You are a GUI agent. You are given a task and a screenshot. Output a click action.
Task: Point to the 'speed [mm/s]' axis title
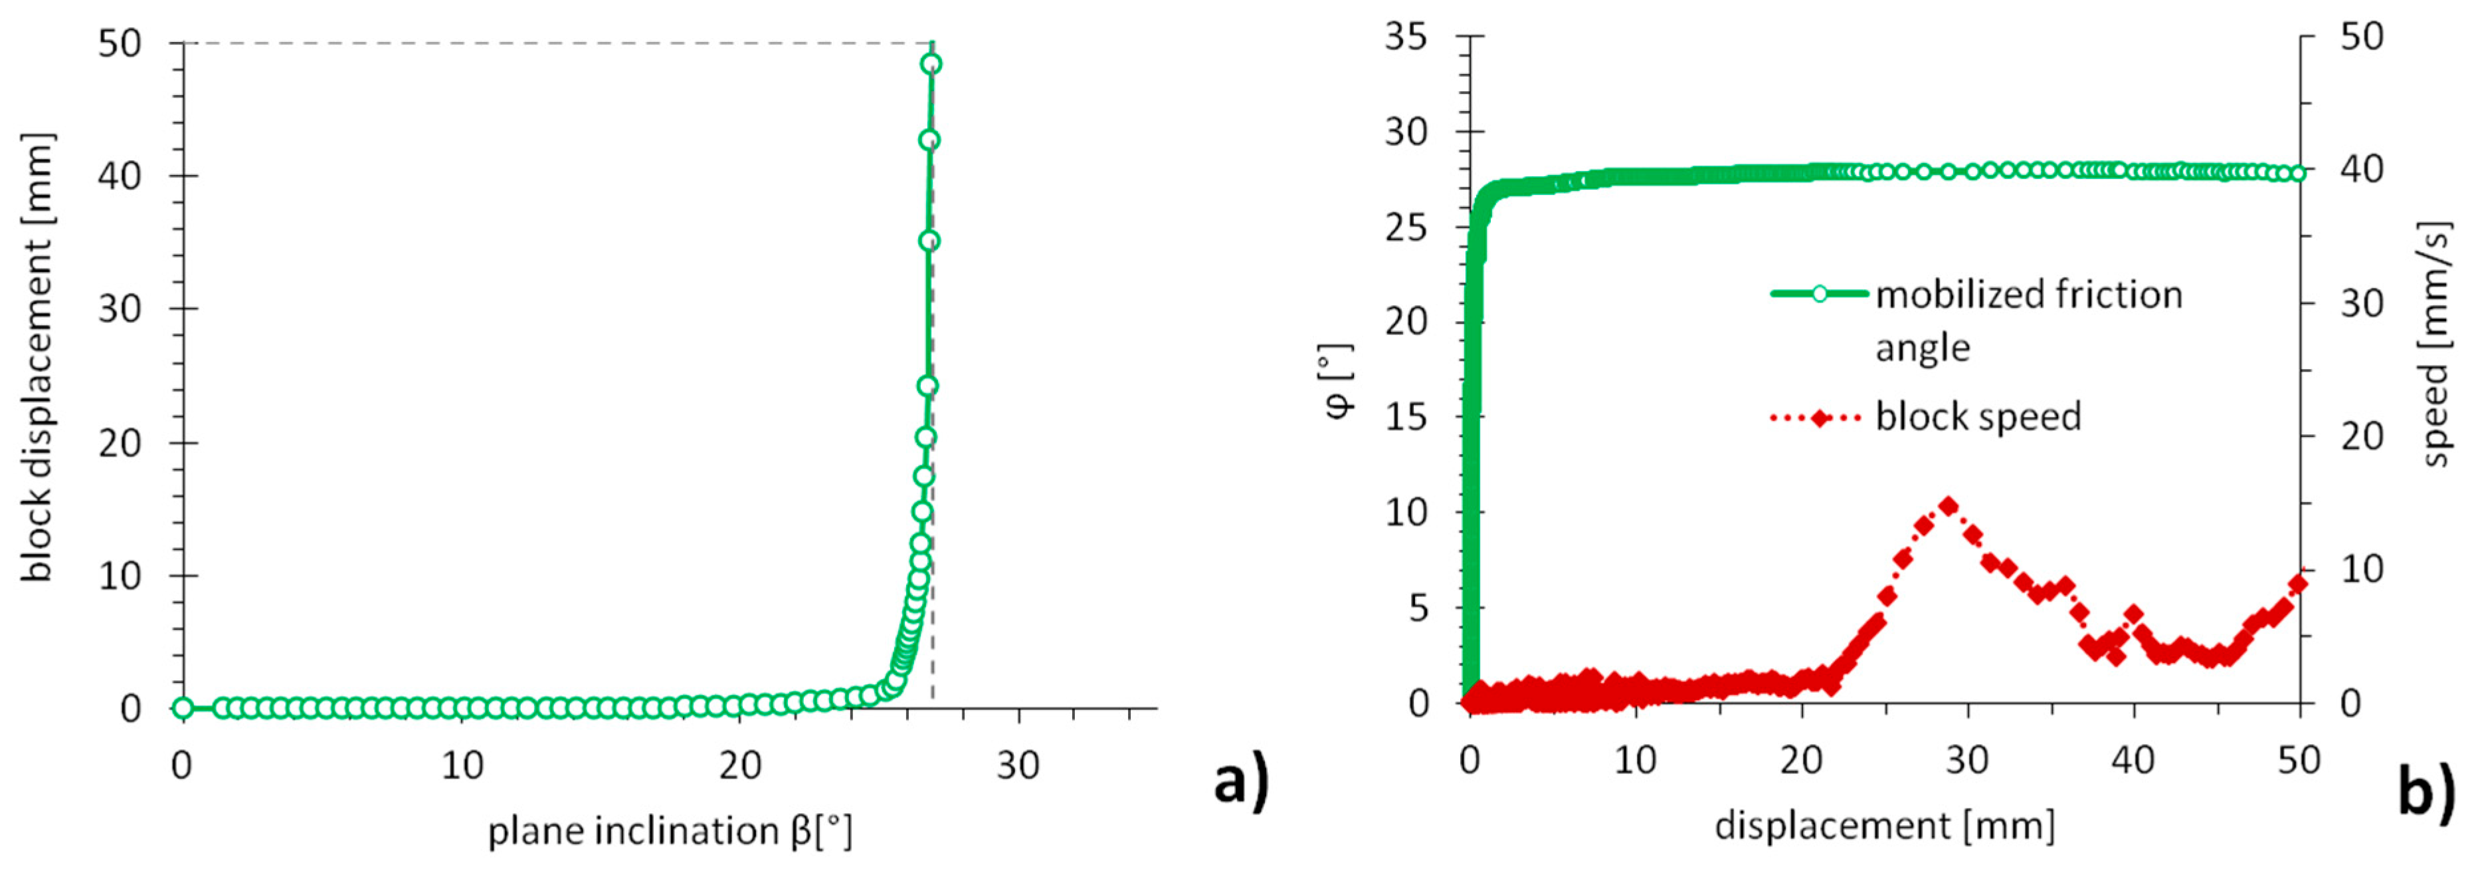coord(2435,344)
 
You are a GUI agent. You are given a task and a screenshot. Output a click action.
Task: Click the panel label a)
coord(1242,781)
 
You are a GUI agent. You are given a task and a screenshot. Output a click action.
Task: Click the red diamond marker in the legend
coord(1818,418)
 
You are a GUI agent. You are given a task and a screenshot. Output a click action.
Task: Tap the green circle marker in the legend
coord(1818,294)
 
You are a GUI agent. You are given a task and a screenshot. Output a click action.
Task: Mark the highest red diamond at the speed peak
coord(1948,506)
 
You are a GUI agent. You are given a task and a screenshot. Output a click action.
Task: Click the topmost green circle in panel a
coord(930,64)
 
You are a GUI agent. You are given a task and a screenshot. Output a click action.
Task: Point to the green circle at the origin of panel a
coord(182,709)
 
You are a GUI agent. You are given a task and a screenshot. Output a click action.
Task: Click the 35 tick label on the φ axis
coord(1406,39)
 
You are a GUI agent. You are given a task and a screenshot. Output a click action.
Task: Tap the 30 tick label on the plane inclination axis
coord(1017,765)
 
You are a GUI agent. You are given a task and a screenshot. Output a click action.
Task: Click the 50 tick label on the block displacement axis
coord(119,43)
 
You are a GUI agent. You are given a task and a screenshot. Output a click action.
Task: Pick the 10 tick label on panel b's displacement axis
coord(1634,761)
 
